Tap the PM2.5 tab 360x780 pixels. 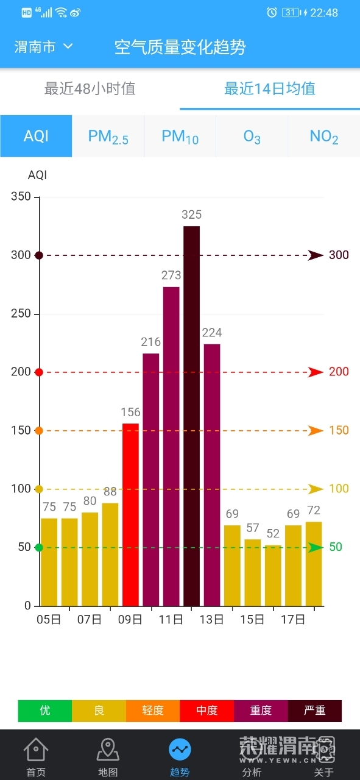tap(108, 136)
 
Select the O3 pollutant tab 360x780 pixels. tap(252, 136)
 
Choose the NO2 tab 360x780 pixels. tap(324, 136)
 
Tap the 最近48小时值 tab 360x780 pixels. tap(90, 88)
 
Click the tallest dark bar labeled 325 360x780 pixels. tap(191, 416)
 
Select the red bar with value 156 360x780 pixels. tap(130, 515)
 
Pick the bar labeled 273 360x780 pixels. tap(171, 447)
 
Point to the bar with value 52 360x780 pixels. tap(273, 576)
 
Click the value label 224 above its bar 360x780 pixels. tap(212, 333)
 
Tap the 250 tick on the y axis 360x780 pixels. tap(21, 313)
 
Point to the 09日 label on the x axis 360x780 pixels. tap(130, 620)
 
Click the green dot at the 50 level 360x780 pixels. tap(39, 548)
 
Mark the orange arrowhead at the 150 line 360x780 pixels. tap(316, 431)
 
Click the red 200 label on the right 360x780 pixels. tap(339, 372)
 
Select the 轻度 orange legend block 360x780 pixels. tap(153, 710)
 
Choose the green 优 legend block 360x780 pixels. tap(45, 710)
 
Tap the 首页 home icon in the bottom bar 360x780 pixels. tap(36, 750)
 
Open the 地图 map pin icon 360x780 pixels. tap(108, 750)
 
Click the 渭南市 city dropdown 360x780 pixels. tap(43, 47)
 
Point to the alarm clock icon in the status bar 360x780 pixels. tap(272, 13)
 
